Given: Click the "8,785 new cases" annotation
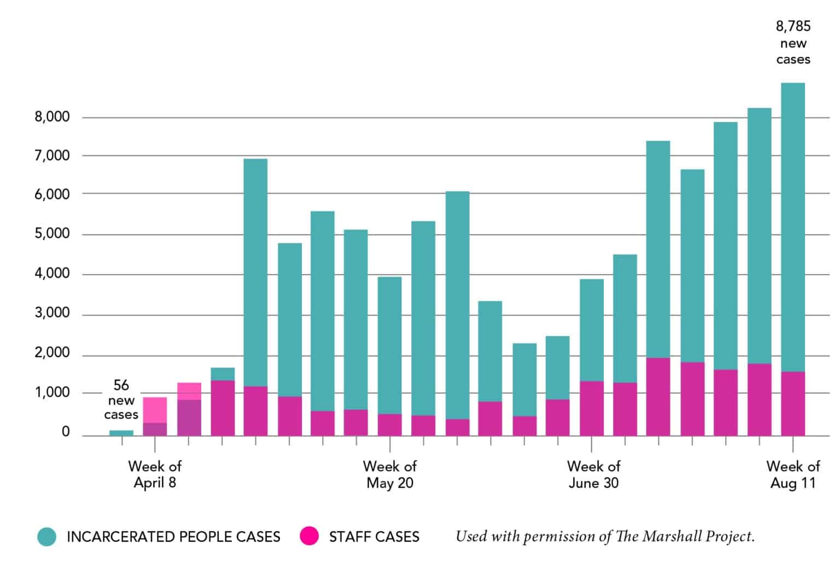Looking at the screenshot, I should (x=793, y=43).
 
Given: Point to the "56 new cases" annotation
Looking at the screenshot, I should (x=121, y=400).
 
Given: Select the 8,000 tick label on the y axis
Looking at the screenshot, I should (x=52, y=116).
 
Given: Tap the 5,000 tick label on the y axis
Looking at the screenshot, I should (x=52, y=234).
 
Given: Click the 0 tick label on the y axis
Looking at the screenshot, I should (x=66, y=432).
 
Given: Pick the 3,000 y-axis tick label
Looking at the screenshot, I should (x=52, y=313).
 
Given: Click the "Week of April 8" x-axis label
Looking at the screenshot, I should (x=155, y=474).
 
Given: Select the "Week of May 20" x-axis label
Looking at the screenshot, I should (x=389, y=474).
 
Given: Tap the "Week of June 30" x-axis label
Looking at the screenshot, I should (x=593, y=474).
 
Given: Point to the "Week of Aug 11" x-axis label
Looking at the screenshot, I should (x=792, y=474).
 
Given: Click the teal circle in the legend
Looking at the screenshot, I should (x=47, y=537).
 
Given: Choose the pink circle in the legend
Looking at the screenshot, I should (x=310, y=537).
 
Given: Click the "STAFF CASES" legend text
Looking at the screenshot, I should (x=374, y=537).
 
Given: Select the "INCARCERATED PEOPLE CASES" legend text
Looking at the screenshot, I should (x=173, y=537).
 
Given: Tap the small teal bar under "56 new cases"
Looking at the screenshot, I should (x=121, y=433).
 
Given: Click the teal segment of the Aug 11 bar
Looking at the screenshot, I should (x=792, y=227).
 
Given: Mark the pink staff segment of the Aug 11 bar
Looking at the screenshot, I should (x=792, y=404).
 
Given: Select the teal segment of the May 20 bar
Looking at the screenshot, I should (x=389, y=345).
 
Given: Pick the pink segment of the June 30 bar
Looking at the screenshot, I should (x=591, y=408).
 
